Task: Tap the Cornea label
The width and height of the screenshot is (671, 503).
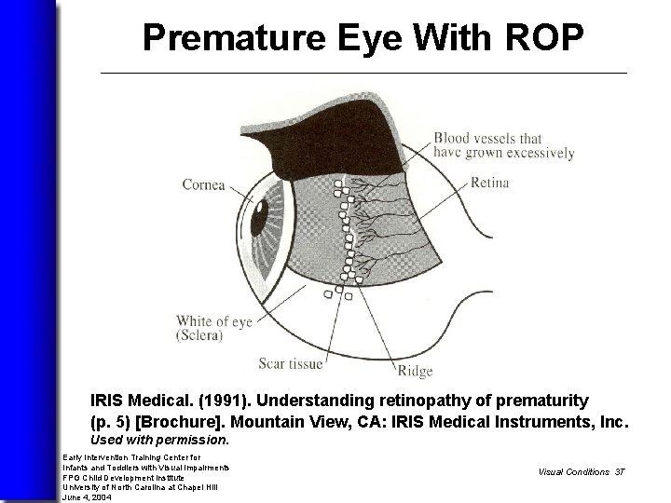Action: point(203,184)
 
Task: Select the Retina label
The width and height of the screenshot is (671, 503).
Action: point(490,183)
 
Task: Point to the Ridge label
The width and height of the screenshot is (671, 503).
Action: point(415,372)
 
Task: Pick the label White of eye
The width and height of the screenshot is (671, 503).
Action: point(214,321)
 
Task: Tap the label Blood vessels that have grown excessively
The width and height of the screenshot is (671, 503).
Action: point(503,145)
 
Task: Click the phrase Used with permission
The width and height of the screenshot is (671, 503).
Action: point(159,439)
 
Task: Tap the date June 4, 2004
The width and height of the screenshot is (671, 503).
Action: point(86,496)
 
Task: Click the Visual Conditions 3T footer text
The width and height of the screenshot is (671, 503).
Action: point(581,471)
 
